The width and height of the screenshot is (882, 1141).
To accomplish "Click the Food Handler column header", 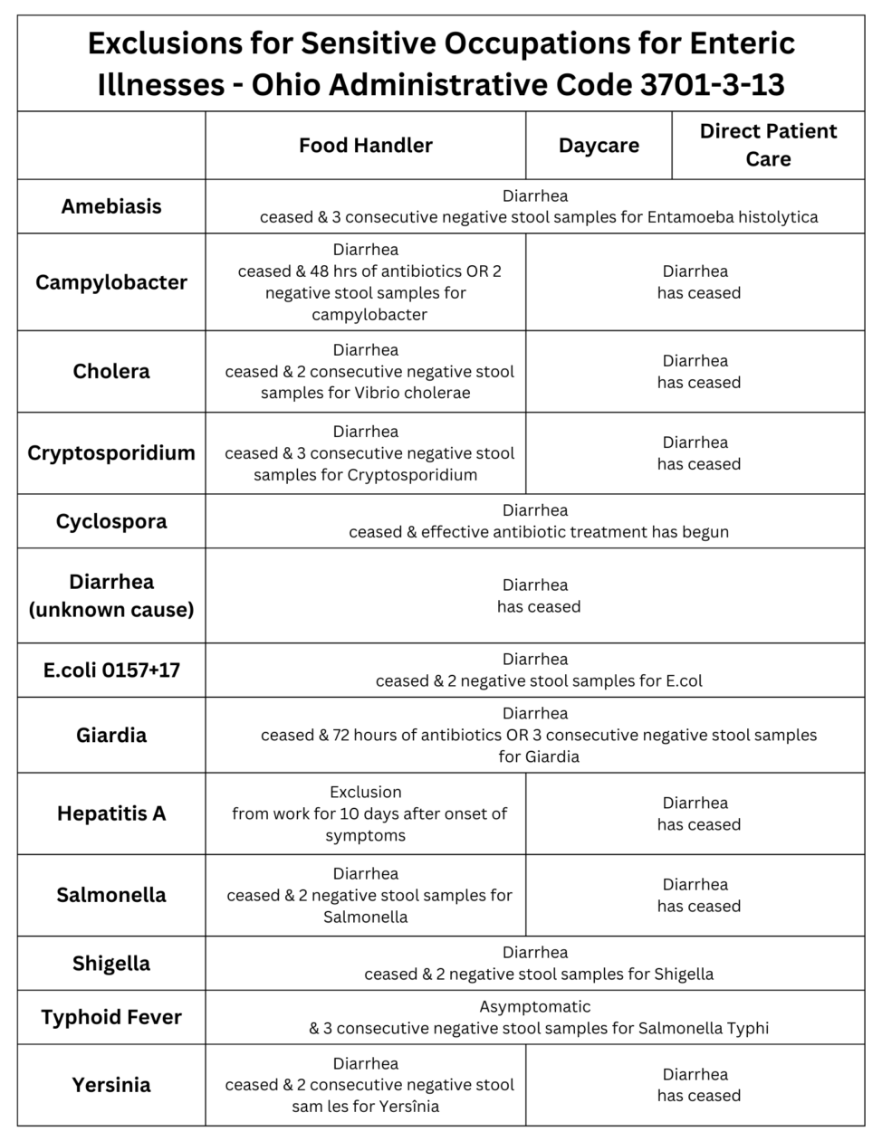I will click(x=365, y=146).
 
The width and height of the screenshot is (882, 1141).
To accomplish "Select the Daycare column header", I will click(x=599, y=146).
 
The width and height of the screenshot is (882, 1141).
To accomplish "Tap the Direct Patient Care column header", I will click(x=768, y=145).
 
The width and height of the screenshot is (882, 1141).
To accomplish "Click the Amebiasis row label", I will click(x=111, y=206).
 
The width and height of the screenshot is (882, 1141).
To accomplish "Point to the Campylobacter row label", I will click(x=111, y=282).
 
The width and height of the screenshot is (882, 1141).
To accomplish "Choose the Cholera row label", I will click(x=111, y=371).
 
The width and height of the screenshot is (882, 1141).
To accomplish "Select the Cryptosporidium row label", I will click(x=111, y=452).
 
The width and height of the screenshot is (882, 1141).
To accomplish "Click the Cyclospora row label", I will click(x=111, y=521).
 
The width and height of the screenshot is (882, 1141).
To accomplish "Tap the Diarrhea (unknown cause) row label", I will click(x=111, y=595).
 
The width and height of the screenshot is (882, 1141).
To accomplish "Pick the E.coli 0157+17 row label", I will click(x=111, y=670).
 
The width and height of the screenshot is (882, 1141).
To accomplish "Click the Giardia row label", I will click(x=111, y=735).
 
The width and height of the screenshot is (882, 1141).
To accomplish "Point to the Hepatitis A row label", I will click(x=111, y=813).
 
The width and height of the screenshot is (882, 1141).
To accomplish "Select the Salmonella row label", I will click(x=111, y=895).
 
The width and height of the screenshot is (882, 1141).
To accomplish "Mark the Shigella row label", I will click(x=111, y=963).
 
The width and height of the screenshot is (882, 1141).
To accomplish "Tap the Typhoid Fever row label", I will click(x=111, y=1017).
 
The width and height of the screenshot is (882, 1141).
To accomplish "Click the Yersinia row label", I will click(x=111, y=1084).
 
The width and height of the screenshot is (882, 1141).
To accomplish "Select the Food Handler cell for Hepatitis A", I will click(x=365, y=813).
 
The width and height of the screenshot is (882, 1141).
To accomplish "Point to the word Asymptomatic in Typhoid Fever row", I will click(x=534, y=1006).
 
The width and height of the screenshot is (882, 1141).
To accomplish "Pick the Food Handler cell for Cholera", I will click(x=365, y=371).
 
